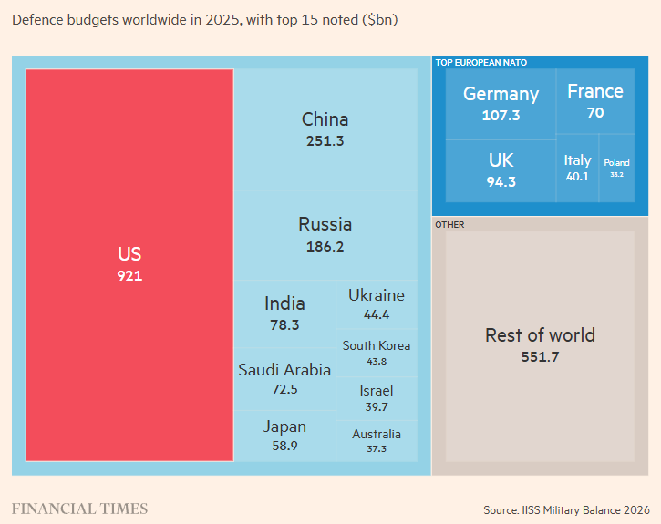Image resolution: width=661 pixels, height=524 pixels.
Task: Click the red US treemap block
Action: coord(129,265)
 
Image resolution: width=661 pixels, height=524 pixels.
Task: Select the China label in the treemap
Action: coord(325,119)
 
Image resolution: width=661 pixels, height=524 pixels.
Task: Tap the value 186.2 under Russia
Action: coord(325,246)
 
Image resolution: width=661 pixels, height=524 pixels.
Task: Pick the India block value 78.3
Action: coord(284,325)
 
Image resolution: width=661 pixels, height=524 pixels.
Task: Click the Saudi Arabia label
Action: coord(284,370)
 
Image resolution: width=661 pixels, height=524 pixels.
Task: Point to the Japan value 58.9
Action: coord(284,446)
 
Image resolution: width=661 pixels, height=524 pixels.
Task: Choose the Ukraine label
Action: coord(377,295)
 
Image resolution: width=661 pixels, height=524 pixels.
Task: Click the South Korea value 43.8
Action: coord(377,362)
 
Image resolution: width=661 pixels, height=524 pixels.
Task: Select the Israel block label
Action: coord(377,391)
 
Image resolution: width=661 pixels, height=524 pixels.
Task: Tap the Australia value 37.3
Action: coord(377,449)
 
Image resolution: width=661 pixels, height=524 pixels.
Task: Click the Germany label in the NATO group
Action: coord(501,95)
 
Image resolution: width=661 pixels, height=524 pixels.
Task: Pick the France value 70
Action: coord(595,113)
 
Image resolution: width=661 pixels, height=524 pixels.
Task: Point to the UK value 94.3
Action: coord(501,182)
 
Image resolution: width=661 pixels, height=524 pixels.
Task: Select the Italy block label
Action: coord(577,160)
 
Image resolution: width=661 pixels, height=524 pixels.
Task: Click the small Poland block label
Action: coord(616,163)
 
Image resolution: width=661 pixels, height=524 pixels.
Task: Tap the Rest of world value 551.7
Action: coord(540,357)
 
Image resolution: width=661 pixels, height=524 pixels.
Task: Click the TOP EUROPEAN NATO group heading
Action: coord(481,63)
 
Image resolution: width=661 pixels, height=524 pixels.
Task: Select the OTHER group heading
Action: coord(449,225)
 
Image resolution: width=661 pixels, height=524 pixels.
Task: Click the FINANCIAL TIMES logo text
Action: coord(79,509)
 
